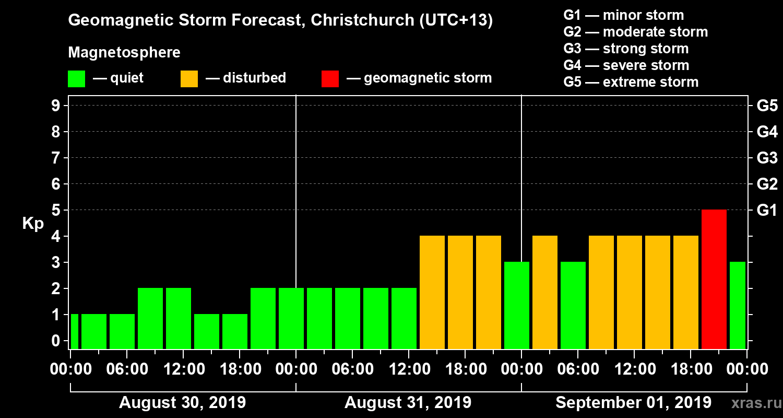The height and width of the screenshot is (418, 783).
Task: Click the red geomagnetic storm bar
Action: [714, 279]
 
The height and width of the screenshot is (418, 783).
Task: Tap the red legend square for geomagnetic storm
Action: [330, 79]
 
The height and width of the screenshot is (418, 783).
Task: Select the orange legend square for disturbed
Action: [189, 79]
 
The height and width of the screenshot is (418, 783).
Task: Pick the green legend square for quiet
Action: [76, 79]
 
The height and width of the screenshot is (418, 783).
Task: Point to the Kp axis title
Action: [33, 223]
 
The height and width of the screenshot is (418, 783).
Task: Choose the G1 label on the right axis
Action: [767, 210]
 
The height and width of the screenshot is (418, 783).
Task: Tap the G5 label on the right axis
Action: [767, 106]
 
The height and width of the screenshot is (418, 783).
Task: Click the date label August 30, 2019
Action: [183, 403]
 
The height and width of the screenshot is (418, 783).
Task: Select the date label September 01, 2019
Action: [633, 403]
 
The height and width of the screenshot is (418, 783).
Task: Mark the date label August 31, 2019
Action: [408, 403]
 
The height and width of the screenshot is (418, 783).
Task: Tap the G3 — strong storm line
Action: [626, 49]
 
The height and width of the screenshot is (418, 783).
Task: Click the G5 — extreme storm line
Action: [631, 82]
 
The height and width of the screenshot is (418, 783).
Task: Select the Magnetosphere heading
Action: [124, 53]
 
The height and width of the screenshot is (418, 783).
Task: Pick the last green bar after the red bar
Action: [738, 305]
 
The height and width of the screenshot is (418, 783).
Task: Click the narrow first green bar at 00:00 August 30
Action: [74, 331]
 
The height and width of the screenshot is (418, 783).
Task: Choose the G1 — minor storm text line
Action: [623, 15]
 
